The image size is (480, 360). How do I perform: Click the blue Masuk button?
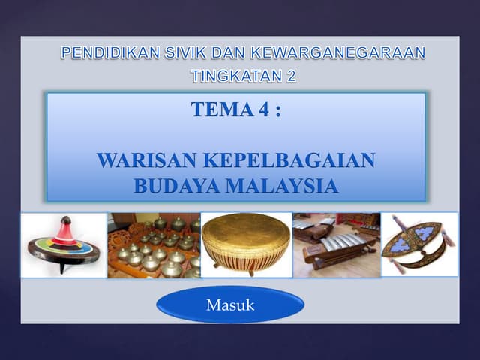(x=230, y=304)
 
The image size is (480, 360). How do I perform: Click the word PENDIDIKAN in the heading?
(x=110, y=52)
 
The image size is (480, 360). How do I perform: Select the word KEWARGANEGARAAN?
(x=338, y=52)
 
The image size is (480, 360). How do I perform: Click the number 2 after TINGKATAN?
(x=292, y=76)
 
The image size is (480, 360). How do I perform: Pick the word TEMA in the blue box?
(x=223, y=109)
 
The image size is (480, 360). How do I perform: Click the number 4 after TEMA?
(x=264, y=109)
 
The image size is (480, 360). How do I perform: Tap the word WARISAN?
(x=147, y=160)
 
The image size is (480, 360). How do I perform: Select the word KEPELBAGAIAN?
(x=289, y=160)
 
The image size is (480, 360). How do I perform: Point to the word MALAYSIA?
(x=282, y=186)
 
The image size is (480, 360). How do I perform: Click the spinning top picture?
(x=64, y=245)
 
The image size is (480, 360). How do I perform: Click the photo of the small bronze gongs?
(x=154, y=245)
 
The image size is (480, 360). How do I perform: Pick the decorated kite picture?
(x=419, y=244)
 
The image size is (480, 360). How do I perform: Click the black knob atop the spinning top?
(x=66, y=220)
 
